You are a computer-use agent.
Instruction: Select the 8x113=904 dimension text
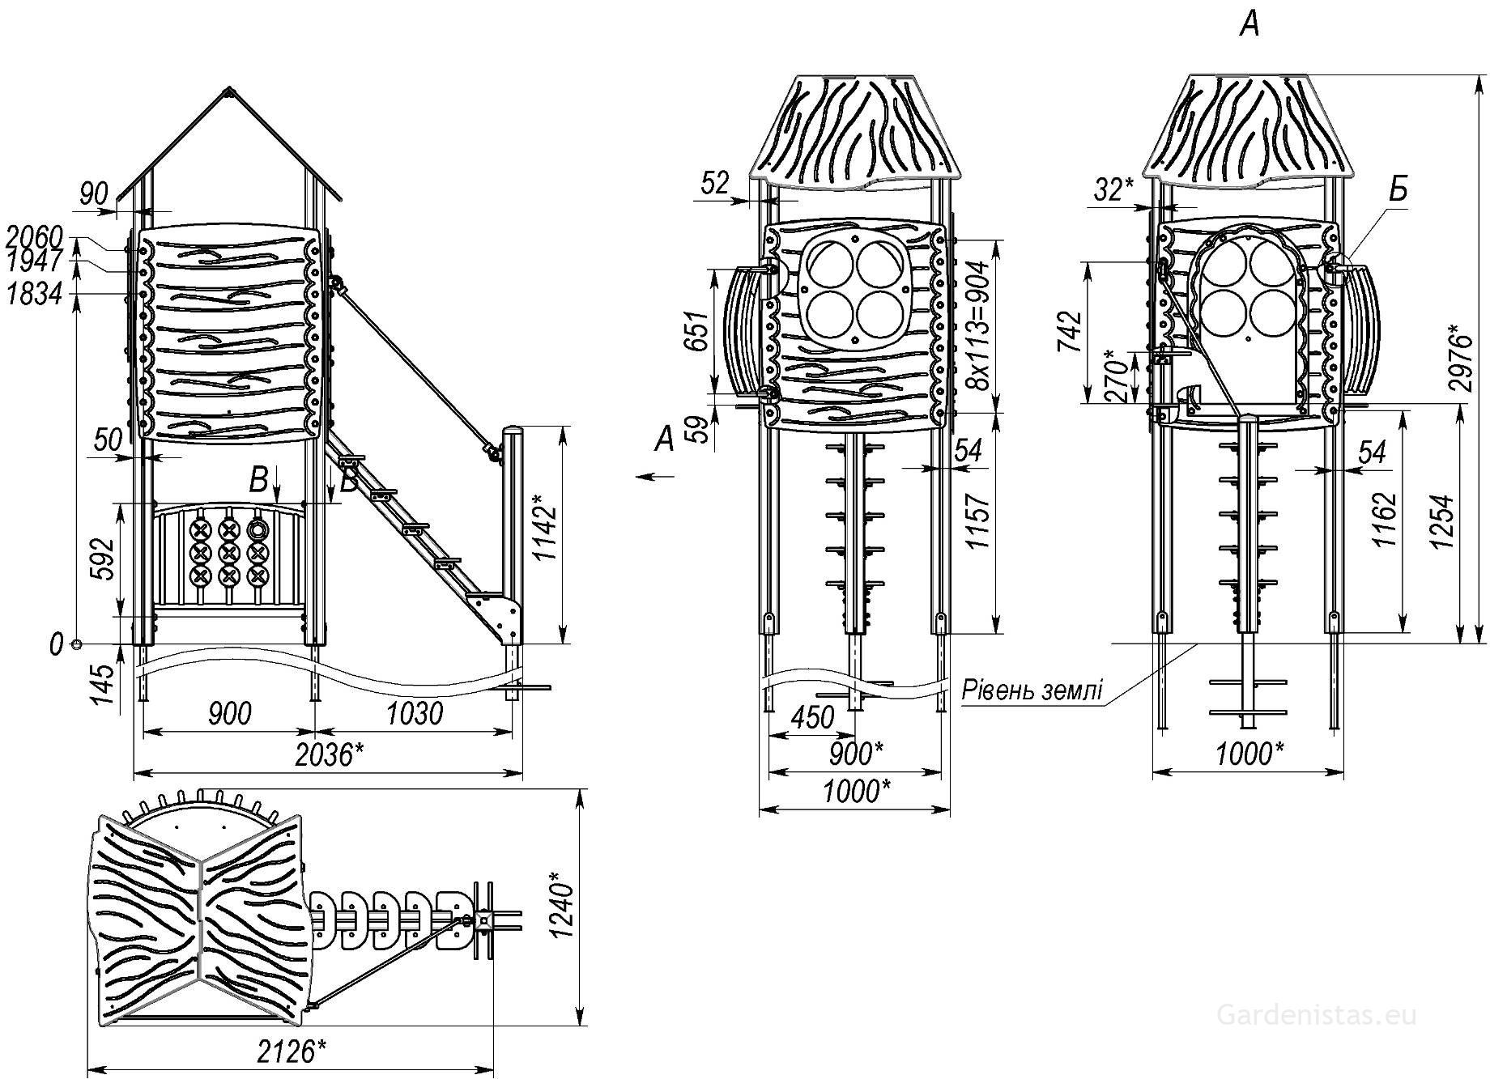981,325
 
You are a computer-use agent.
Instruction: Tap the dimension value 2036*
329,755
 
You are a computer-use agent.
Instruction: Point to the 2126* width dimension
292,1051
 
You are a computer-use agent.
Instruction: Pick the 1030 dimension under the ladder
414,713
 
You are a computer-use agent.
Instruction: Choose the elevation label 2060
34,238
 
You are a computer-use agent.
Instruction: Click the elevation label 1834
34,295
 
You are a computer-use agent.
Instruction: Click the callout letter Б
1398,189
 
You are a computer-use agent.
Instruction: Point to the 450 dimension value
811,716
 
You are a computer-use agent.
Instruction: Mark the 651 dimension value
696,331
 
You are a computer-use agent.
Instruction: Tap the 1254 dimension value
1441,521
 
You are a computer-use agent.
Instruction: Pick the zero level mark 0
56,645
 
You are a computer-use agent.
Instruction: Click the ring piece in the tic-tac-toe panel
258,529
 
